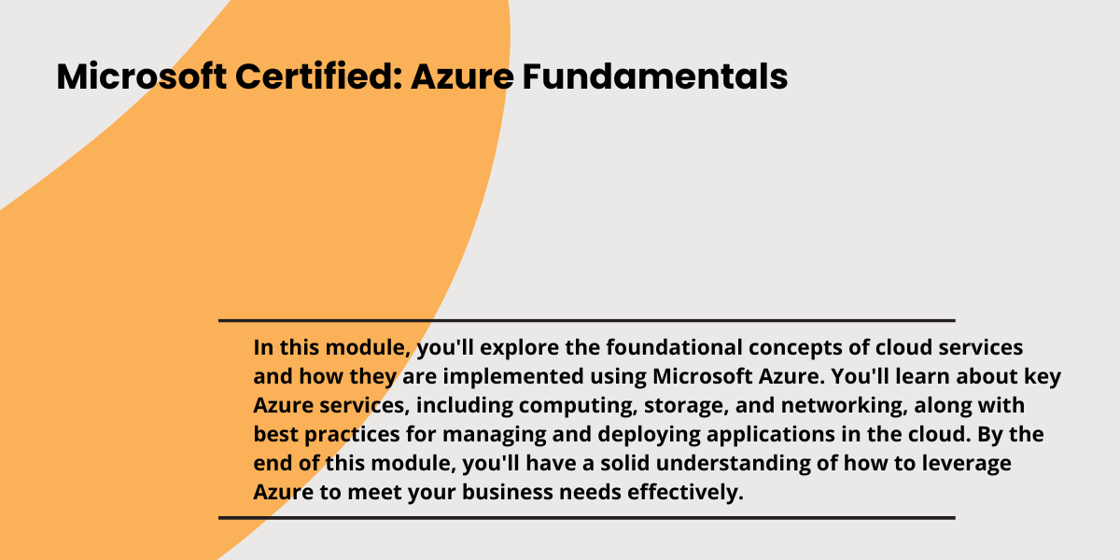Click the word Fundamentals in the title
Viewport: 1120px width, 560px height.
coord(655,77)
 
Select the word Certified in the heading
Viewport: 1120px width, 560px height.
coord(319,77)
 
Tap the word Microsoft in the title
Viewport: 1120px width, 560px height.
coord(142,77)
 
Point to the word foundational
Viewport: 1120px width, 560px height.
coord(675,347)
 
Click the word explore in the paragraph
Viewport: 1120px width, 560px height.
coord(520,348)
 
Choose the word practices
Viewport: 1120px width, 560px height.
coord(352,435)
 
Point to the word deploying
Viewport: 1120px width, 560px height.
coord(649,435)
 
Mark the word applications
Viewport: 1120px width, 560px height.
coord(771,435)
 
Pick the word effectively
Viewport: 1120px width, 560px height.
coord(685,493)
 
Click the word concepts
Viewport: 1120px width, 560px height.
coord(795,348)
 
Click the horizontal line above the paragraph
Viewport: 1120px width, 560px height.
coord(587,320)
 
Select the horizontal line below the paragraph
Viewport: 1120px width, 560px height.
coord(587,518)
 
